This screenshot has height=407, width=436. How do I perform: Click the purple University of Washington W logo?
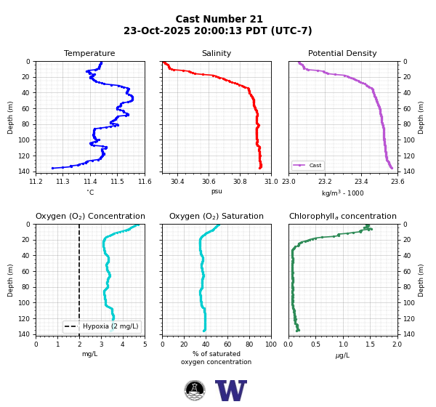[231, 390]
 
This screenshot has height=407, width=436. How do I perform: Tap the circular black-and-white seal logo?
[195, 390]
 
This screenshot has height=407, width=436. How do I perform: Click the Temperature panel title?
[89, 53]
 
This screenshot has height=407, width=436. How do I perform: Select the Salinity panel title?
[217, 53]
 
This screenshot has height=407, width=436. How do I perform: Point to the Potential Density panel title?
[342, 53]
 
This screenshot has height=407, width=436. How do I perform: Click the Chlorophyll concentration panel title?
[343, 216]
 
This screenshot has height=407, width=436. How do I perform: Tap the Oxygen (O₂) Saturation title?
[217, 216]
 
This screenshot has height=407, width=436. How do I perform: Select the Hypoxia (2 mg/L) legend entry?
[102, 326]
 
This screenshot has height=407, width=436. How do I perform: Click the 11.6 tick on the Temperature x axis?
[145, 182]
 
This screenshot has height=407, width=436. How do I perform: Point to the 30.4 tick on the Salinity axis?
[177, 182]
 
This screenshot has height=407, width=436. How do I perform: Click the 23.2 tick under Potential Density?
[325, 182]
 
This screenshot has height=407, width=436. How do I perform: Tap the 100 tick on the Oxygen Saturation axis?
[271, 344]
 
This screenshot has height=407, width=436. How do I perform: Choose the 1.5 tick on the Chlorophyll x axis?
[370, 344]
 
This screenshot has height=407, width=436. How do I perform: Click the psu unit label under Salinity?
[217, 191]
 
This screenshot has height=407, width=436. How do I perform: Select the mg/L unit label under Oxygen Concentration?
[90, 354]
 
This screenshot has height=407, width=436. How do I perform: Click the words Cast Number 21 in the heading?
[219, 19]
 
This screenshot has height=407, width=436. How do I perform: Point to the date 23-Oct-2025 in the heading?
[156, 31]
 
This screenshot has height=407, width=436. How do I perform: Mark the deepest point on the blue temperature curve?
[52, 168]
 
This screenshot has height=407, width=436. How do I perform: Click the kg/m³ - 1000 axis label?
[342, 193]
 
